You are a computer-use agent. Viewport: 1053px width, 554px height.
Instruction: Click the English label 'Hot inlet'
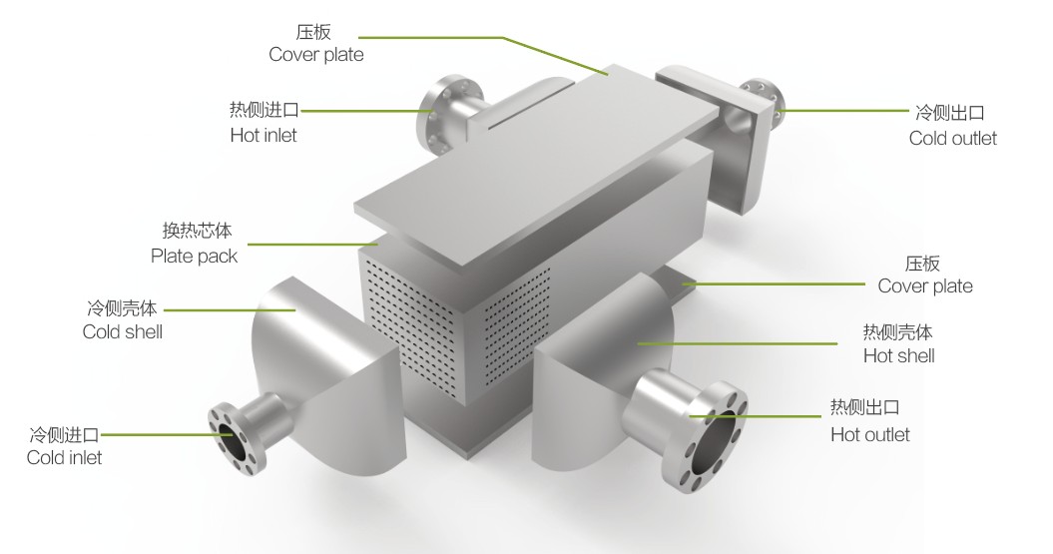pos(263,135)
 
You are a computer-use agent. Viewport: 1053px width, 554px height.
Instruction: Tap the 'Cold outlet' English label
pos(952,139)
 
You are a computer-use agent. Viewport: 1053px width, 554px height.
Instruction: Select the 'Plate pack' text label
pos(195,257)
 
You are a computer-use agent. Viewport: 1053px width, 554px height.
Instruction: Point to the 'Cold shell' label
pos(123,331)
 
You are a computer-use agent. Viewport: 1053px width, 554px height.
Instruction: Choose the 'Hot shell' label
pos(898,356)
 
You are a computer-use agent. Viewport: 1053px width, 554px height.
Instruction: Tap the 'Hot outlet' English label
pos(870,434)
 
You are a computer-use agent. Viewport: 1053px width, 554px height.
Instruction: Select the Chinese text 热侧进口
pos(264,110)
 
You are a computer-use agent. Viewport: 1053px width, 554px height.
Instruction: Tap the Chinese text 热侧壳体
pos(897,331)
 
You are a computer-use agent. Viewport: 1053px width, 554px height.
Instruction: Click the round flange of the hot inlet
pos(439,117)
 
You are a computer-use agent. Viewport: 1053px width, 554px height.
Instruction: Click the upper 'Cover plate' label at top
pos(315,55)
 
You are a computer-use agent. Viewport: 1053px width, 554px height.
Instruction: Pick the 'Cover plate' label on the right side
pos(924,286)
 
